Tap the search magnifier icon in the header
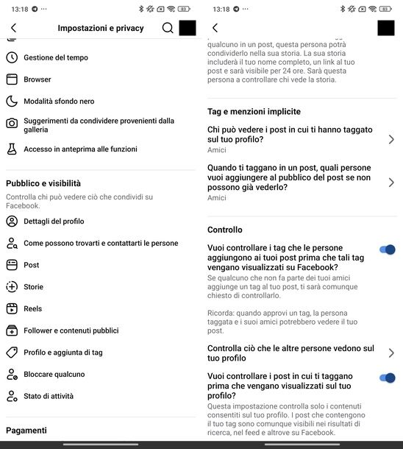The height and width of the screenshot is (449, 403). click(x=168, y=28)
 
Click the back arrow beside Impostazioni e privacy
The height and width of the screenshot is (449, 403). click(x=13, y=28)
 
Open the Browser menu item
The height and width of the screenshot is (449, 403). click(x=37, y=79)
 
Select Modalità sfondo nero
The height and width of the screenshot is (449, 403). click(x=59, y=102)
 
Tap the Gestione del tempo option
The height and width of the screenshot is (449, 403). click(x=55, y=57)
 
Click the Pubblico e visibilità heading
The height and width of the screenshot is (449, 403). click(x=43, y=183)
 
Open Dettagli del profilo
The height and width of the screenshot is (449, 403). click(x=54, y=222)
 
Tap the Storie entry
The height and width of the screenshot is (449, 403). click(x=33, y=287)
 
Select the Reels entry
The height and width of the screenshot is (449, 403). click(x=32, y=309)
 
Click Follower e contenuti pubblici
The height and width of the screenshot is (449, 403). click(x=71, y=331)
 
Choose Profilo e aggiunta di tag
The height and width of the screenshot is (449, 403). click(x=63, y=353)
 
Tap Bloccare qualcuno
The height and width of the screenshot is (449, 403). click(x=54, y=375)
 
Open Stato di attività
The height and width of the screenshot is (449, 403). click(x=48, y=396)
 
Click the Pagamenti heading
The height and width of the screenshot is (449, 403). click(x=26, y=431)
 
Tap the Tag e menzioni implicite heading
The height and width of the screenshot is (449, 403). click(x=254, y=112)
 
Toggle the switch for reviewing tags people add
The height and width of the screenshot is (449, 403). click(x=387, y=250)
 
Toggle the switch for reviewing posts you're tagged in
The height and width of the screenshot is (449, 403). click(x=387, y=378)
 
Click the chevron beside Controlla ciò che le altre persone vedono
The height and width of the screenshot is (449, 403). click(x=390, y=353)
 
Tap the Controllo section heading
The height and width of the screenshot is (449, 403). click(x=225, y=230)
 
